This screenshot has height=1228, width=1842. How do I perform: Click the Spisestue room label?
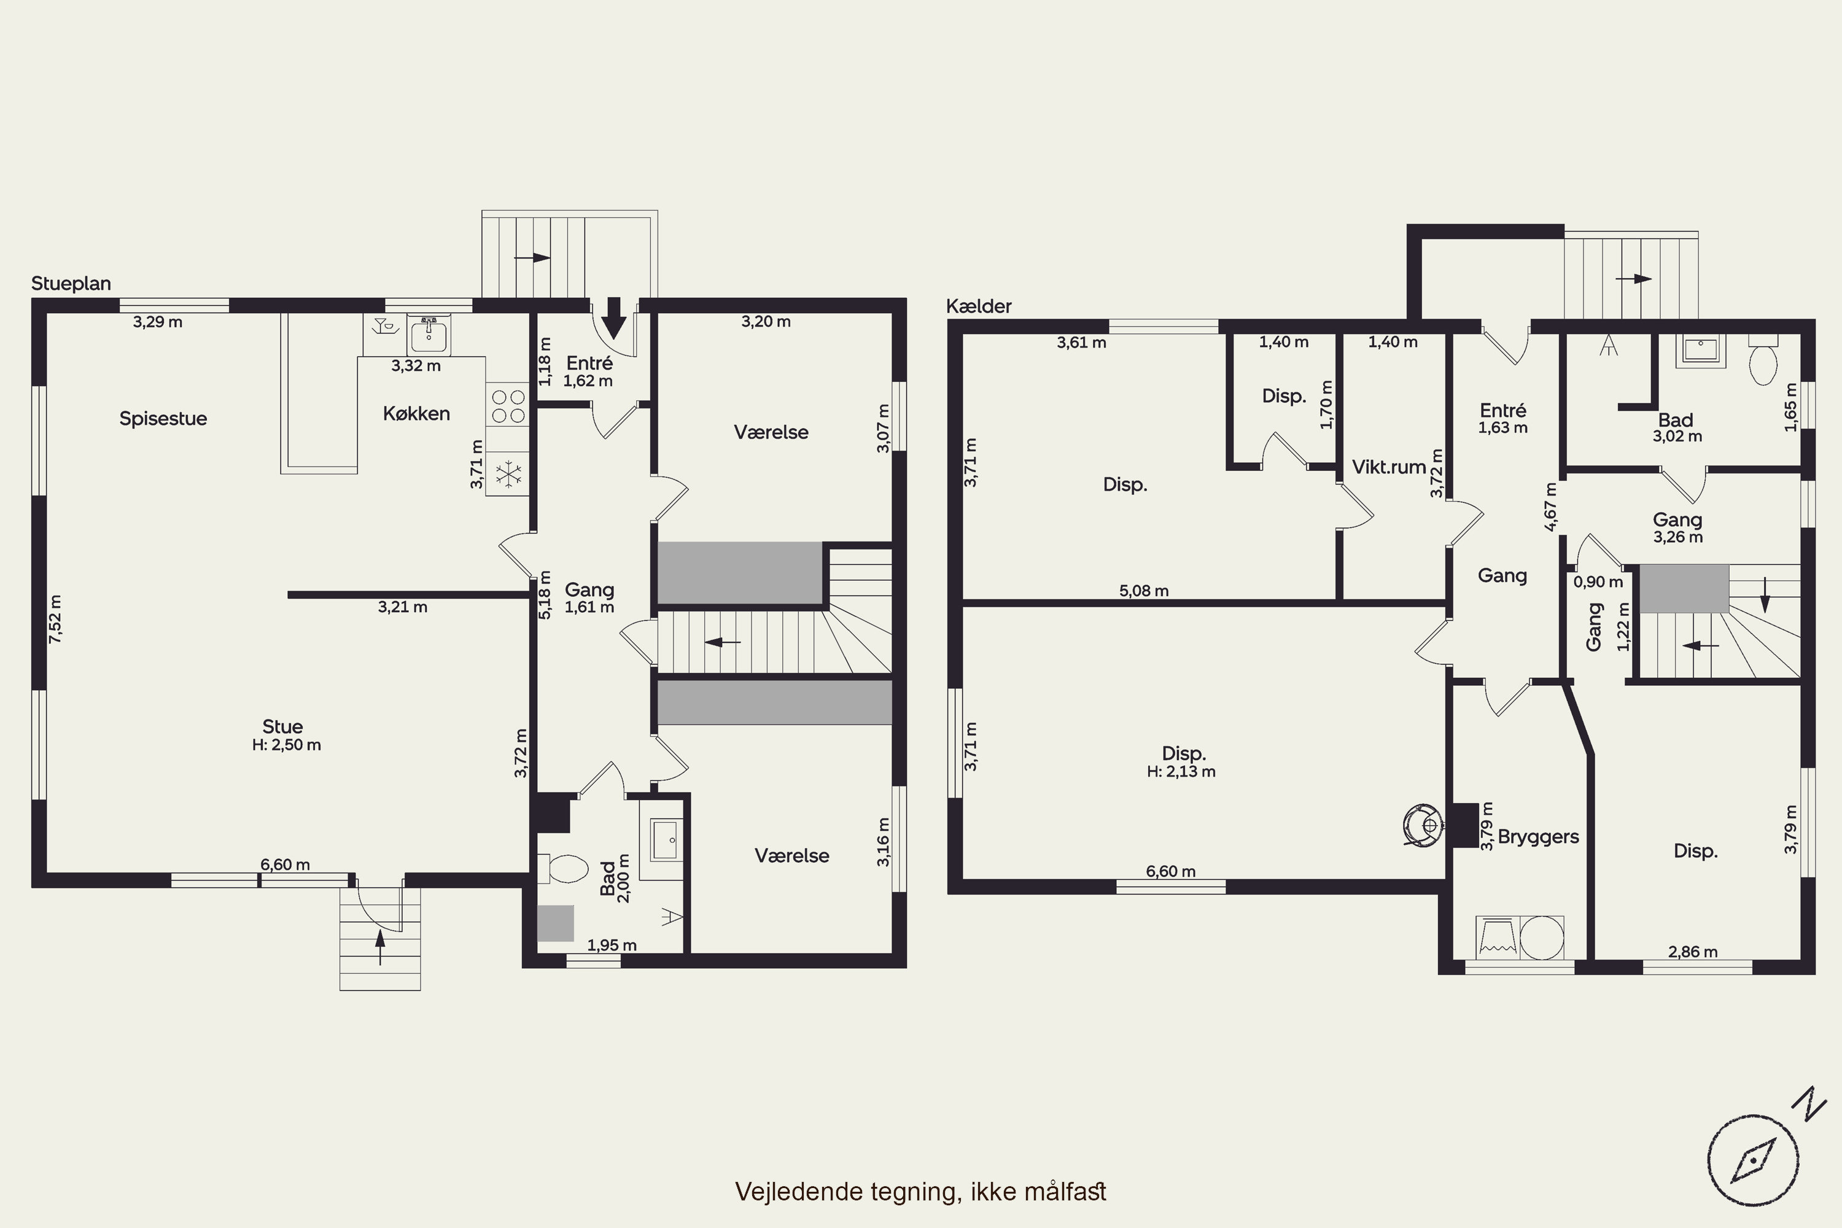pos(163,419)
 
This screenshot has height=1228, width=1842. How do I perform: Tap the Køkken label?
pos(416,413)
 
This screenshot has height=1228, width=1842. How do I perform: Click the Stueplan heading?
pos(71,284)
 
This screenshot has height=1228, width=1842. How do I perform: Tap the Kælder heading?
pos(979,306)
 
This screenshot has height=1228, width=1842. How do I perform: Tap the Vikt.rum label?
pos(1388,467)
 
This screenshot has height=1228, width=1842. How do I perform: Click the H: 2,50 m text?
pos(287,745)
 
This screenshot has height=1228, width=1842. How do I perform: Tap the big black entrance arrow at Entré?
pos(614,316)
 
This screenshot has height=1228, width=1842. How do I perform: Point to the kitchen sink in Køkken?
pos(429,336)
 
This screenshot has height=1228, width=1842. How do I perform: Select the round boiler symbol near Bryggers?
pos(1421,826)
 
